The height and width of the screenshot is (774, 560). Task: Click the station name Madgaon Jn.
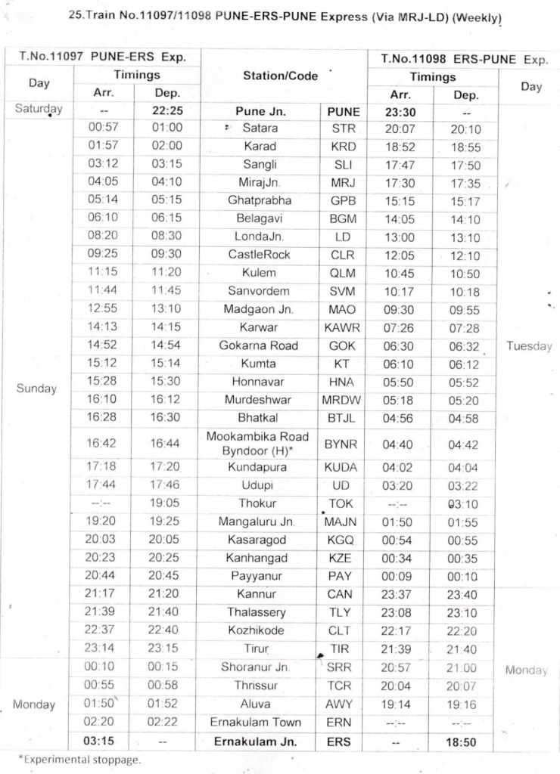259,309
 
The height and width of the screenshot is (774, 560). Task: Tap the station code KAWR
342,327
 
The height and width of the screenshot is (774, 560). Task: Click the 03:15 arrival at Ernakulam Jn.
104,741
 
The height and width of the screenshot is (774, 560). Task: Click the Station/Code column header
281,76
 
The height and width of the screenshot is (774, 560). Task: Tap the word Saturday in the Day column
39,109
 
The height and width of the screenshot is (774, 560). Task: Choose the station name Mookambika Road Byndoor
258,443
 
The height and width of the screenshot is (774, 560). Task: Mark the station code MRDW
342,400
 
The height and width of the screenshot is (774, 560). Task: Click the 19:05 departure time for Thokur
164,503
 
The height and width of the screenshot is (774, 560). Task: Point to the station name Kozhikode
260,630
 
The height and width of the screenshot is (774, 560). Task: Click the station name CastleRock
259,255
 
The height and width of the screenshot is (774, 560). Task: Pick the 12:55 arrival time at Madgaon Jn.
104,309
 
